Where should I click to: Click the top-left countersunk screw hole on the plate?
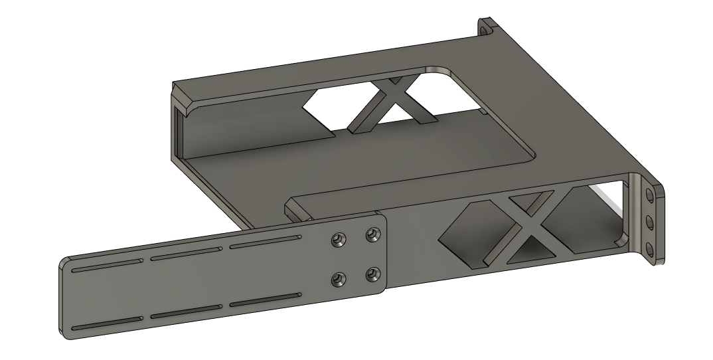coord(339,238)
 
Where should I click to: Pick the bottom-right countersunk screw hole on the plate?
coord(374,273)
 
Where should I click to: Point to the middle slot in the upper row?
coord(186,254)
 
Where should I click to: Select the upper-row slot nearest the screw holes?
coord(264,241)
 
